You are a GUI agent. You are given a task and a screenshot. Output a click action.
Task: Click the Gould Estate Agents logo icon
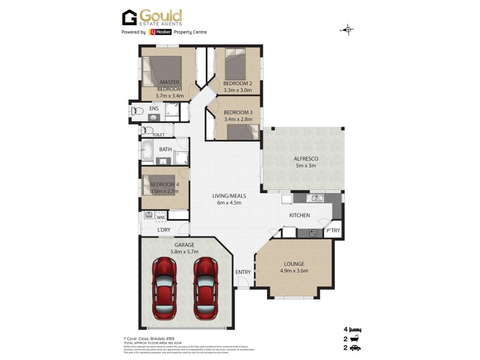(x=130, y=17)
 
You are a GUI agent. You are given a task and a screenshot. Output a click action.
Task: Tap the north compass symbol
(x=349, y=29)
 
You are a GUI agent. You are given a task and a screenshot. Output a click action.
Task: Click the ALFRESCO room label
(x=305, y=158)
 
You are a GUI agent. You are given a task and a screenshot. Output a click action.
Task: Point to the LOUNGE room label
(x=294, y=263)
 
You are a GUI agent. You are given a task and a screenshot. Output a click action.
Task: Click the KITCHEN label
(x=299, y=214)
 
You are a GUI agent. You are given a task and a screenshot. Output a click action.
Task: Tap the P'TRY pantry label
(x=333, y=230)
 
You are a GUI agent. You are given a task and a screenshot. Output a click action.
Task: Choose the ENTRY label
(x=243, y=272)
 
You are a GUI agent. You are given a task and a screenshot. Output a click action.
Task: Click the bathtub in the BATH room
(x=148, y=149)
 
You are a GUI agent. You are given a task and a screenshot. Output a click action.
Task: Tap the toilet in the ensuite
(x=136, y=110)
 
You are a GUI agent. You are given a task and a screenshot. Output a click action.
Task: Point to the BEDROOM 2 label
(x=237, y=83)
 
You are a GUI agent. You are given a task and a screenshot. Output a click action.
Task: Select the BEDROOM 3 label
(x=237, y=113)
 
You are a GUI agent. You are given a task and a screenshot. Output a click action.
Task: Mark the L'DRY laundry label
(x=163, y=230)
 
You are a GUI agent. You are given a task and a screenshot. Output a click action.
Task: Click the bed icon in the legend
(x=355, y=329)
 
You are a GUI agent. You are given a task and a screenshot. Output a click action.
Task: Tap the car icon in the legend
(x=355, y=347)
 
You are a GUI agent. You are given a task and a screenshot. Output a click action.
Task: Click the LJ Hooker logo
(x=160, y=32)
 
